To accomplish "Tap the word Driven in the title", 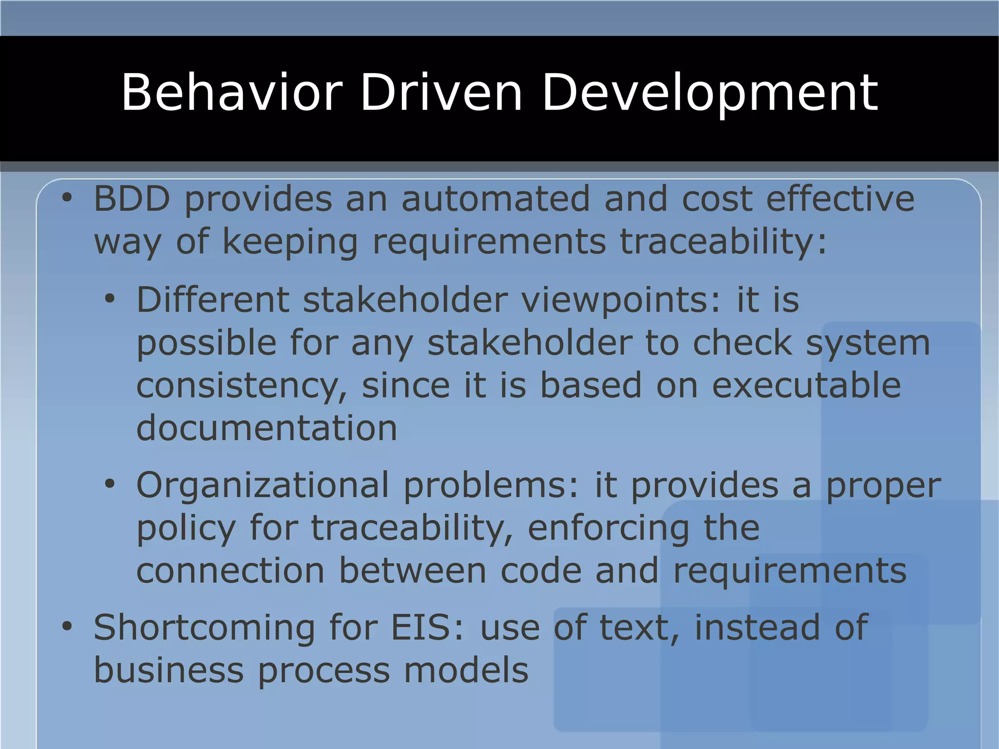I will pyautogui.click(x=441, y=93).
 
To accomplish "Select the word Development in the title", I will pyautogui.click(x=710, y=93).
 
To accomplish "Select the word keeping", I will pyautogui.click(x=290, y=242).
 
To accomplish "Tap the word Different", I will pyautogui.click(x=213, y=300).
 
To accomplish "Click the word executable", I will pyautogui.click(x=806, y=385).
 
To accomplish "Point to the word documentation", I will pyautogui.click(x=266, y=428).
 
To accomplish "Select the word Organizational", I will pyautogui.click(x=262, y=486).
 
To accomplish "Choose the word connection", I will pyautogui.click(x=230, y=571).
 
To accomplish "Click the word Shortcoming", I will pyautogui.click(x=204, y=628).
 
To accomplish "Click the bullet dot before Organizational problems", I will pyautogui.click(x=110, y=484).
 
